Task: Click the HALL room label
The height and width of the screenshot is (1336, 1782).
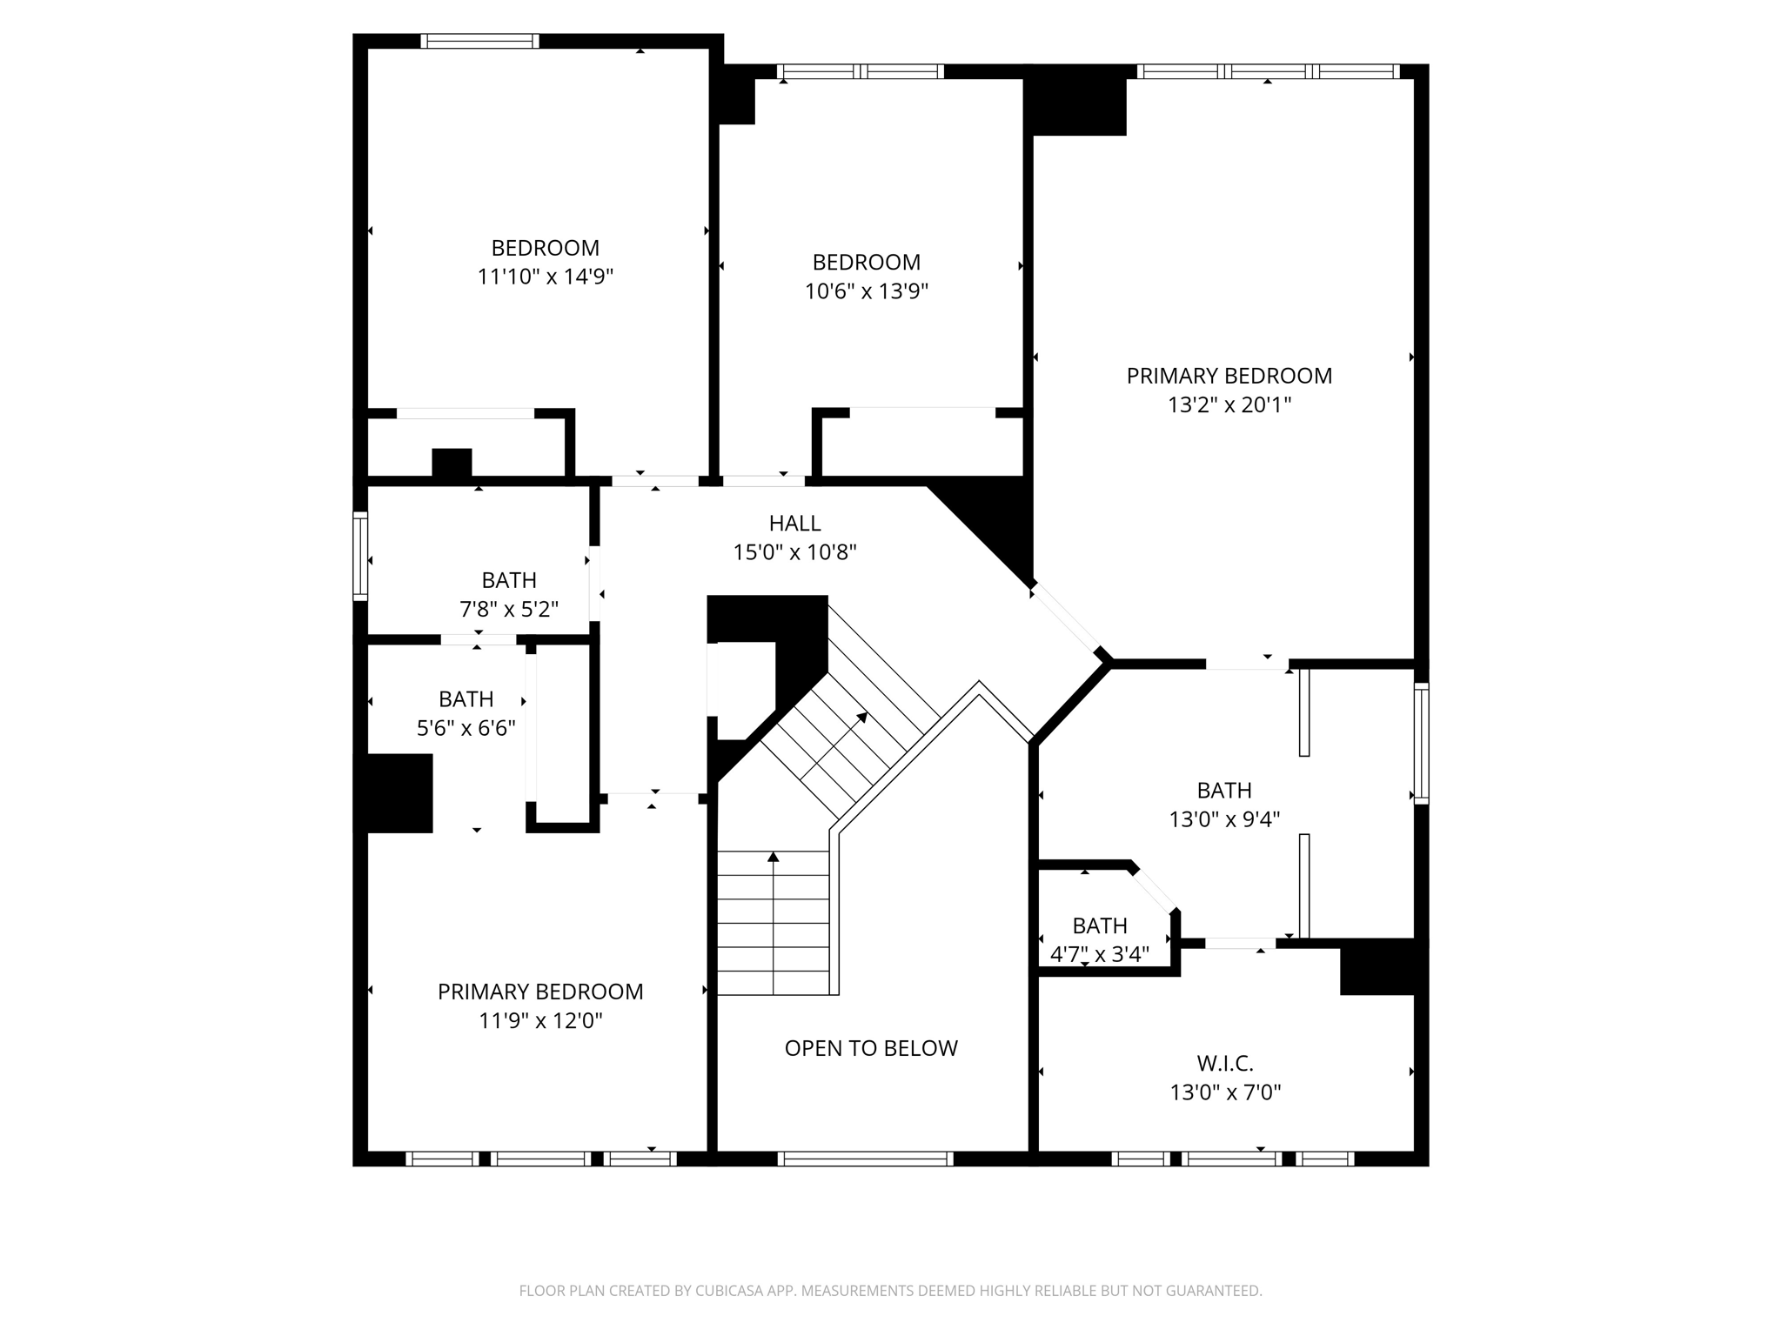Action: [794, 523]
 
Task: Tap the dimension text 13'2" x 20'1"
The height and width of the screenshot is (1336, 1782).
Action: [1229, 404]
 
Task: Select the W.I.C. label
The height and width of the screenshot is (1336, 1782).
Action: [1225, 1063]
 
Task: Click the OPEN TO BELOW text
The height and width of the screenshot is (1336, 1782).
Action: [871, 1048]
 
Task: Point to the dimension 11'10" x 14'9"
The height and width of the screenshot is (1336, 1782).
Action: [546, 277]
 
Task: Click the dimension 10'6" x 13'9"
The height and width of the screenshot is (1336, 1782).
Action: [866, 291]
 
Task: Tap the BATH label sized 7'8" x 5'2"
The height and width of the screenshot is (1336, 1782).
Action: [509, 580]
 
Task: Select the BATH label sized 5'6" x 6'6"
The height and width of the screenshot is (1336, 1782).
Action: [466, 699]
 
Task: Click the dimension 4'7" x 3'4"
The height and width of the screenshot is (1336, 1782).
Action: [1099, 954]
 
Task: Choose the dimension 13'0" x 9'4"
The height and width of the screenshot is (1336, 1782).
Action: [1224, 819]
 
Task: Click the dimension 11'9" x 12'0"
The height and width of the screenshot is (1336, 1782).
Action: [540, 1020]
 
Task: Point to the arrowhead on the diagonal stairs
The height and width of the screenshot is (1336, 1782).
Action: [862, 718]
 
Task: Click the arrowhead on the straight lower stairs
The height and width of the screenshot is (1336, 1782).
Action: [773, 857]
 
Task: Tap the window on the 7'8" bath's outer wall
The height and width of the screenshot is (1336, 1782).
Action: [360, 556]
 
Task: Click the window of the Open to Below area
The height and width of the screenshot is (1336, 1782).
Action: [865, 1159]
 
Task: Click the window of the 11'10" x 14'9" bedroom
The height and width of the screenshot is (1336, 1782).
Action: [479, 41]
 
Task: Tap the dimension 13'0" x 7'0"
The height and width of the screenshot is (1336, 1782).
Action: [1225, 1092]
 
